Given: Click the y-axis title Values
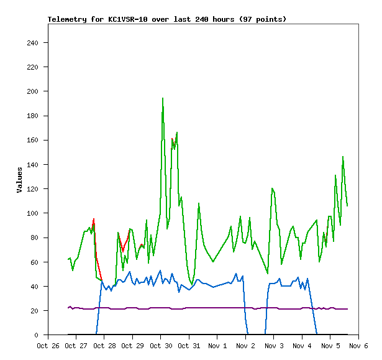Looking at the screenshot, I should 19,180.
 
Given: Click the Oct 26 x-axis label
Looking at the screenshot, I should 48,346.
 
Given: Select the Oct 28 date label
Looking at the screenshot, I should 104,346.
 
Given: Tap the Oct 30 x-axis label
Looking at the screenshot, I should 161,346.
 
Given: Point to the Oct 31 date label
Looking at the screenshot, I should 189,346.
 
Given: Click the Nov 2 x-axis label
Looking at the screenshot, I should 246,346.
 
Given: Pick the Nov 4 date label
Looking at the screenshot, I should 302,346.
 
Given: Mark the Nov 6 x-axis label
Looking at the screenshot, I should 359,346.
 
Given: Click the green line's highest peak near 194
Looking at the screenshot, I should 163,98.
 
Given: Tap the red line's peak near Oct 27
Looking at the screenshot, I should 94,219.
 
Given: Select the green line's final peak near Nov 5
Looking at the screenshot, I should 342,157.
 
